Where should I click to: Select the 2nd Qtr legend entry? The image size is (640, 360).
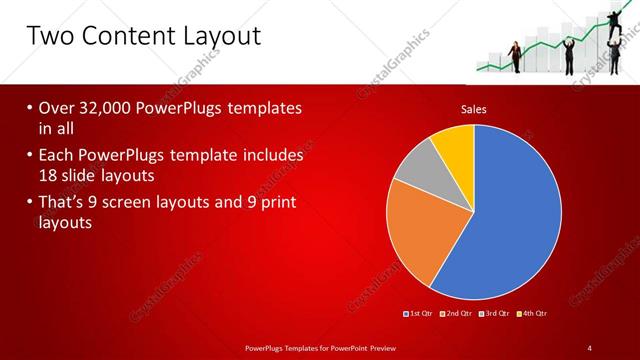coord(457,313)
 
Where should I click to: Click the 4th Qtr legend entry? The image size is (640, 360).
coord(533,313)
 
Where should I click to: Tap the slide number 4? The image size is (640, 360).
coord(590,347)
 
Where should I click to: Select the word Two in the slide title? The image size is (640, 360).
coord(50,37)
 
